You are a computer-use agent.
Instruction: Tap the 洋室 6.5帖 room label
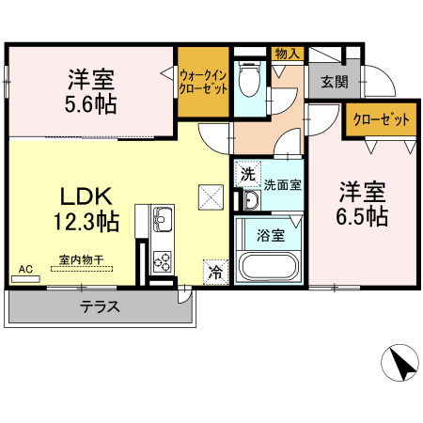(363, 203)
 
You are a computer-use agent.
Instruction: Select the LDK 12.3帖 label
(86, 210)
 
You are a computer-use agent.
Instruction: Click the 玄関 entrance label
(334, 81)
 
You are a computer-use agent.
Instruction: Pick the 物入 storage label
(287, 55)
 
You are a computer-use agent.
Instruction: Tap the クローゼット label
(381, 120)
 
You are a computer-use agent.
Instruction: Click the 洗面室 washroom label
(282, 184)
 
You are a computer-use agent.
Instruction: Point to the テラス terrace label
(98, 306)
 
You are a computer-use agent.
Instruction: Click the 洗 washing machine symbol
(246, 174)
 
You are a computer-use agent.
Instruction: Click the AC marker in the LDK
(25, 270)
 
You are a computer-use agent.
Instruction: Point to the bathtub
(269, 265)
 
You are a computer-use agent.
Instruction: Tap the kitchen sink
(159, 221)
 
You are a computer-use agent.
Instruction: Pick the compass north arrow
(401, 363)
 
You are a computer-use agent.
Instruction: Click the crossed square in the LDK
(209, 196)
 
